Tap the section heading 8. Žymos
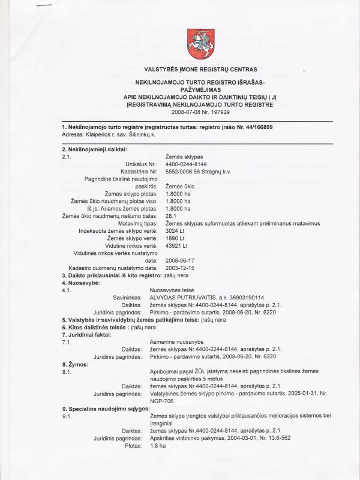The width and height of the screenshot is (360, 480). click(75, 364)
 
